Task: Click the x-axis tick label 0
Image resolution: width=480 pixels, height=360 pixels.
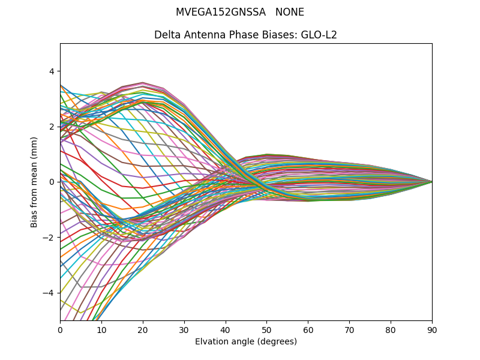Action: [60, 330]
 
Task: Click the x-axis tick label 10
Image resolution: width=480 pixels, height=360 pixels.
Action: [101, 330]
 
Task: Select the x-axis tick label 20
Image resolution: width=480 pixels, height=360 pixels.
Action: [143, 330]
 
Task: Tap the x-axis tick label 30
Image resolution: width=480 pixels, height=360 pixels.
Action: [184, 330]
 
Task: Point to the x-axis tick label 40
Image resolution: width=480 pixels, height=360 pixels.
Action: [226, 330]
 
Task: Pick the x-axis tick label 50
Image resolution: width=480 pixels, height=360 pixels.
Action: [266, 330]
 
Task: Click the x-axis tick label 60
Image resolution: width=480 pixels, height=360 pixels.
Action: [308, 330]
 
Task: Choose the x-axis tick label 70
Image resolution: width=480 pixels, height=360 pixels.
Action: [349, 330]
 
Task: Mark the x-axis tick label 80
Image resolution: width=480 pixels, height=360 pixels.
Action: [391, 330]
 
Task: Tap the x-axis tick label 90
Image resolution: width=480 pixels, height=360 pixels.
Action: [432, 330]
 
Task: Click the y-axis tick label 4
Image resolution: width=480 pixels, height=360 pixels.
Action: [51, 71]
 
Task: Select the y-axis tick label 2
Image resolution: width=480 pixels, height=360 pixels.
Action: [51, 127]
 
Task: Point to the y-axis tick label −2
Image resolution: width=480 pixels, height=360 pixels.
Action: [49, 238]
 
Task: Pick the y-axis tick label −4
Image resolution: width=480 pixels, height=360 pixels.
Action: [49, 293]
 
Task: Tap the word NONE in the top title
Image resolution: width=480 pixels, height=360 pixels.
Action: [290, 12]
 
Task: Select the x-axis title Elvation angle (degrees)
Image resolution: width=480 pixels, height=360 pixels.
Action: [246, 341]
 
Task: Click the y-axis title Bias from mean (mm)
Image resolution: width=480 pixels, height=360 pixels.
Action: [34, 182]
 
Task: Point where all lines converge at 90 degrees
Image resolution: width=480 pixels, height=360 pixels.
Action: [431, 182]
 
